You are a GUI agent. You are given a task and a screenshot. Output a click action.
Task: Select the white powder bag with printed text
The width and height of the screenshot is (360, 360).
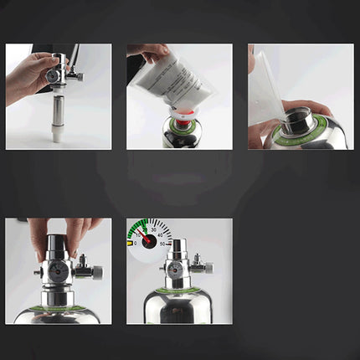tap(172, 80)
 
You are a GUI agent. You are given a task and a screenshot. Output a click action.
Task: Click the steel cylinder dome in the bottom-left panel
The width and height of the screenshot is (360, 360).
tap(59, 314)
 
